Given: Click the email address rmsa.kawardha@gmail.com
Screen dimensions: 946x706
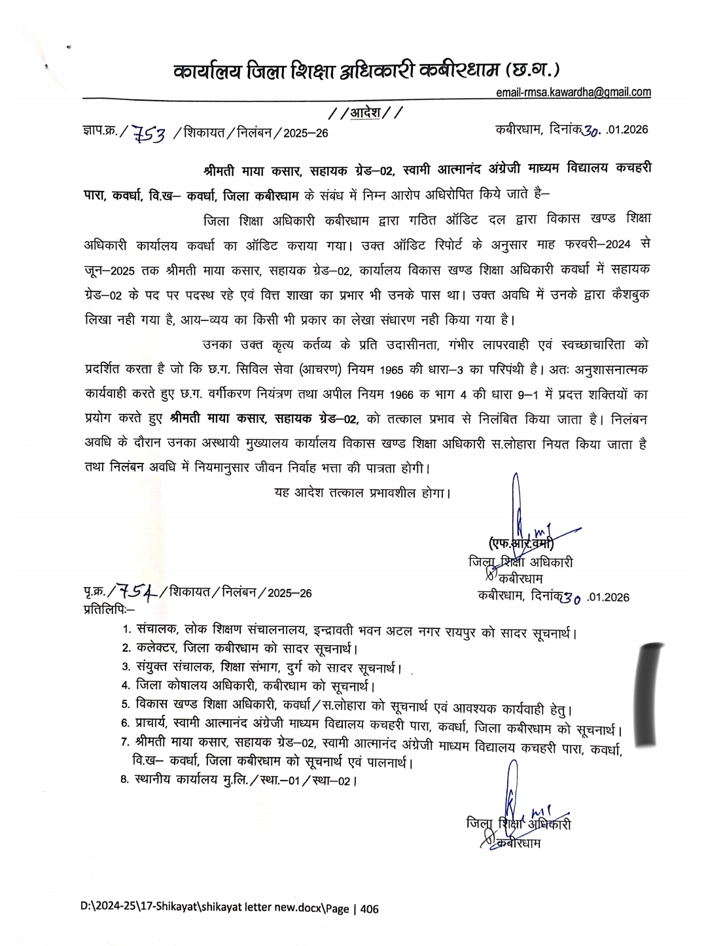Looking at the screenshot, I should tap(573, 92).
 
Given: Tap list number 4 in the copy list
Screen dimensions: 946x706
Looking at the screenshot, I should tap(125, 685).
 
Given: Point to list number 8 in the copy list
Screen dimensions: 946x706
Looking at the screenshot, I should tap(125, 780).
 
